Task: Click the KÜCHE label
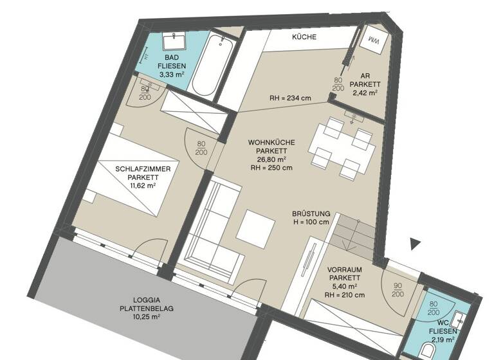point(304,37)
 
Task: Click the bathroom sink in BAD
point(174,43)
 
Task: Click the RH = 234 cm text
point(290,99)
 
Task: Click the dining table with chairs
point(342,148)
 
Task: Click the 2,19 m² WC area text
point(444,339)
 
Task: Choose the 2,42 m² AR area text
point(365,92)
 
